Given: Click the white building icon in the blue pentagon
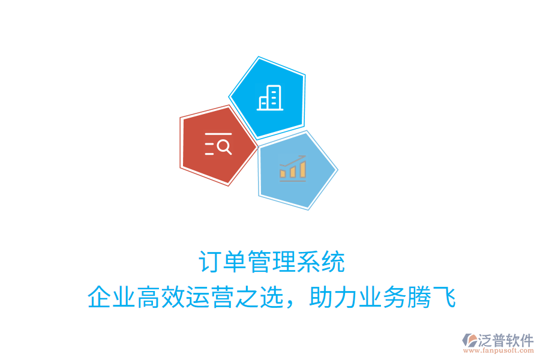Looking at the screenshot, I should click(x=269, y=98).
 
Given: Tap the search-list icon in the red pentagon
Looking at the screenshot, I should click(x=218, y=145).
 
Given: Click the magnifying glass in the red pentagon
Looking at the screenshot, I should click(x=224, y=146).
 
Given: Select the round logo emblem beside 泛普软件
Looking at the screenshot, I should click(x=469, y=341).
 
